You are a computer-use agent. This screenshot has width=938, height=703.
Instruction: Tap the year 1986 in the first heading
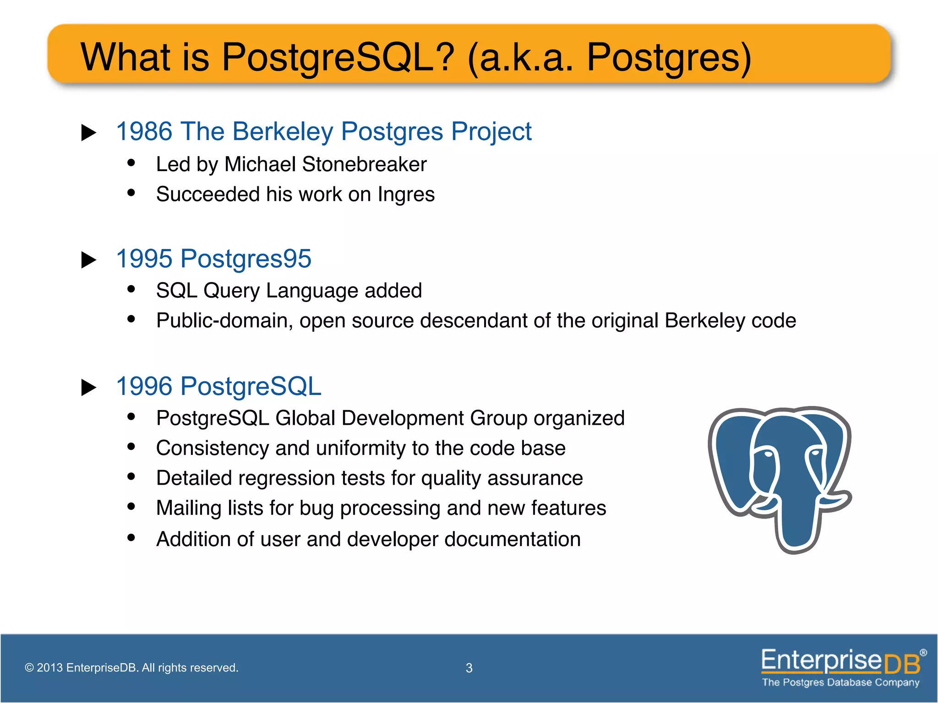pos(144,131)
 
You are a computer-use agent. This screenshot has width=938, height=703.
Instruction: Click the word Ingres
pos(406,195)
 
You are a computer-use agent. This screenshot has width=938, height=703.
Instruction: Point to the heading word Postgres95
pos(246,259)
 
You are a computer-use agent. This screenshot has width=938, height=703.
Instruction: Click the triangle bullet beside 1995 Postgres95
pos(88,260)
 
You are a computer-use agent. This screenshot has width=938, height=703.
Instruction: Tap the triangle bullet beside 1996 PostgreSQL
pos(88,388)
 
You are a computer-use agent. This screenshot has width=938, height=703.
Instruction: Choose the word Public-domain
pos(224,320)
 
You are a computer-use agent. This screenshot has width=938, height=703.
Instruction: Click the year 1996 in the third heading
pos(144,386)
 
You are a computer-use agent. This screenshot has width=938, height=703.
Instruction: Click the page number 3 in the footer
pos(469,668)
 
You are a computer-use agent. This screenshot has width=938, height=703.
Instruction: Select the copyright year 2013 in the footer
pos(49,668)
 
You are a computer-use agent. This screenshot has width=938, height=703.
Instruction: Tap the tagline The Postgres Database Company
pos(840,682)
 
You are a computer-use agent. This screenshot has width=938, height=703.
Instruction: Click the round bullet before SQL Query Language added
pos(131,289)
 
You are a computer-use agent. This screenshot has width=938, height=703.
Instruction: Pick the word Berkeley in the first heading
pos(283,131)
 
